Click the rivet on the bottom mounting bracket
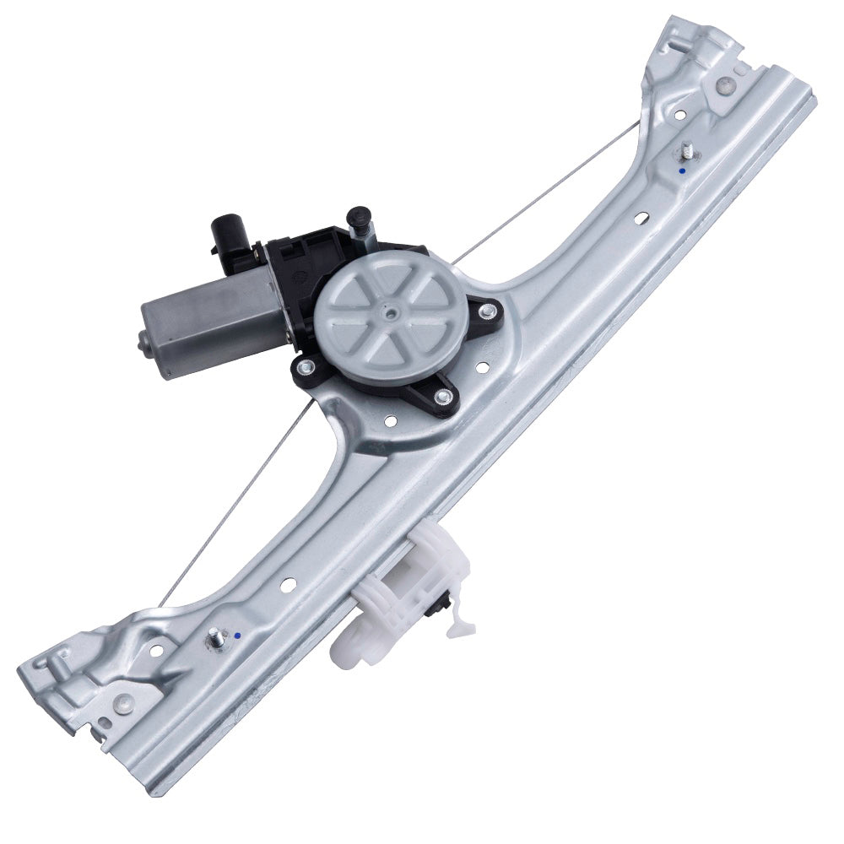124,699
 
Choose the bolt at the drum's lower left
330,366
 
